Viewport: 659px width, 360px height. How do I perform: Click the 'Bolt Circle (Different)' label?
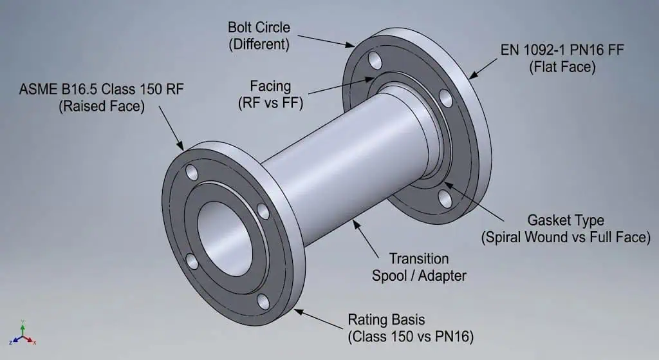click(259, 36)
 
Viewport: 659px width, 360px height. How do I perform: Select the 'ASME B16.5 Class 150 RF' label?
click(101, 97)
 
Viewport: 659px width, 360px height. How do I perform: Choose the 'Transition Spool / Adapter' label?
click(410, 267)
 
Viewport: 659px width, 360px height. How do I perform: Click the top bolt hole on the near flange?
click(192, 172)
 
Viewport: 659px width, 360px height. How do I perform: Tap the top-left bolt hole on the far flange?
click(374, 61)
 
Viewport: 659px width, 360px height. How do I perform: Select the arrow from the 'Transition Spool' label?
click(367, 236)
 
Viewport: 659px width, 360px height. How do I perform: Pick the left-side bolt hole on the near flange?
click(192, 261)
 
